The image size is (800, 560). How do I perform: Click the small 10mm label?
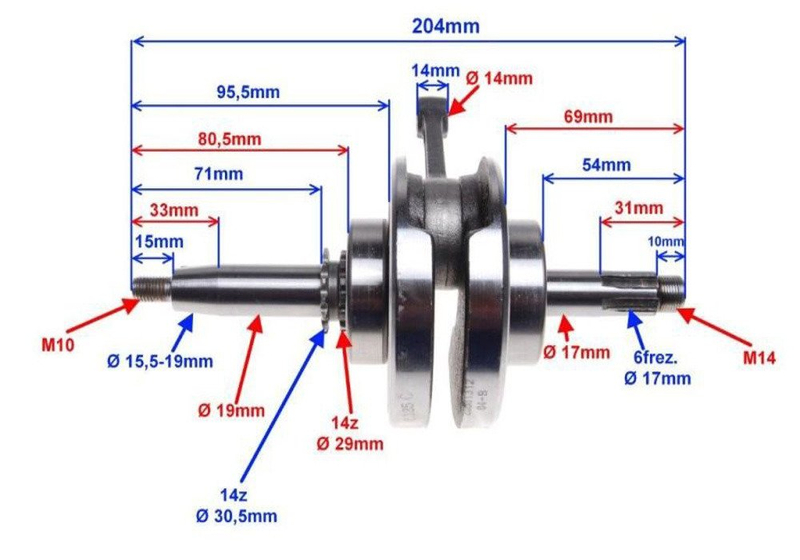(x=666, y=242)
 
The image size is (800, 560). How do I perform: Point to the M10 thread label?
(x=57, y=345)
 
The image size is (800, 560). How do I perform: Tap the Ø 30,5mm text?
(x=238, y=516)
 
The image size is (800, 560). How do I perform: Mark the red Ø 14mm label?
(x=499, y=78)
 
